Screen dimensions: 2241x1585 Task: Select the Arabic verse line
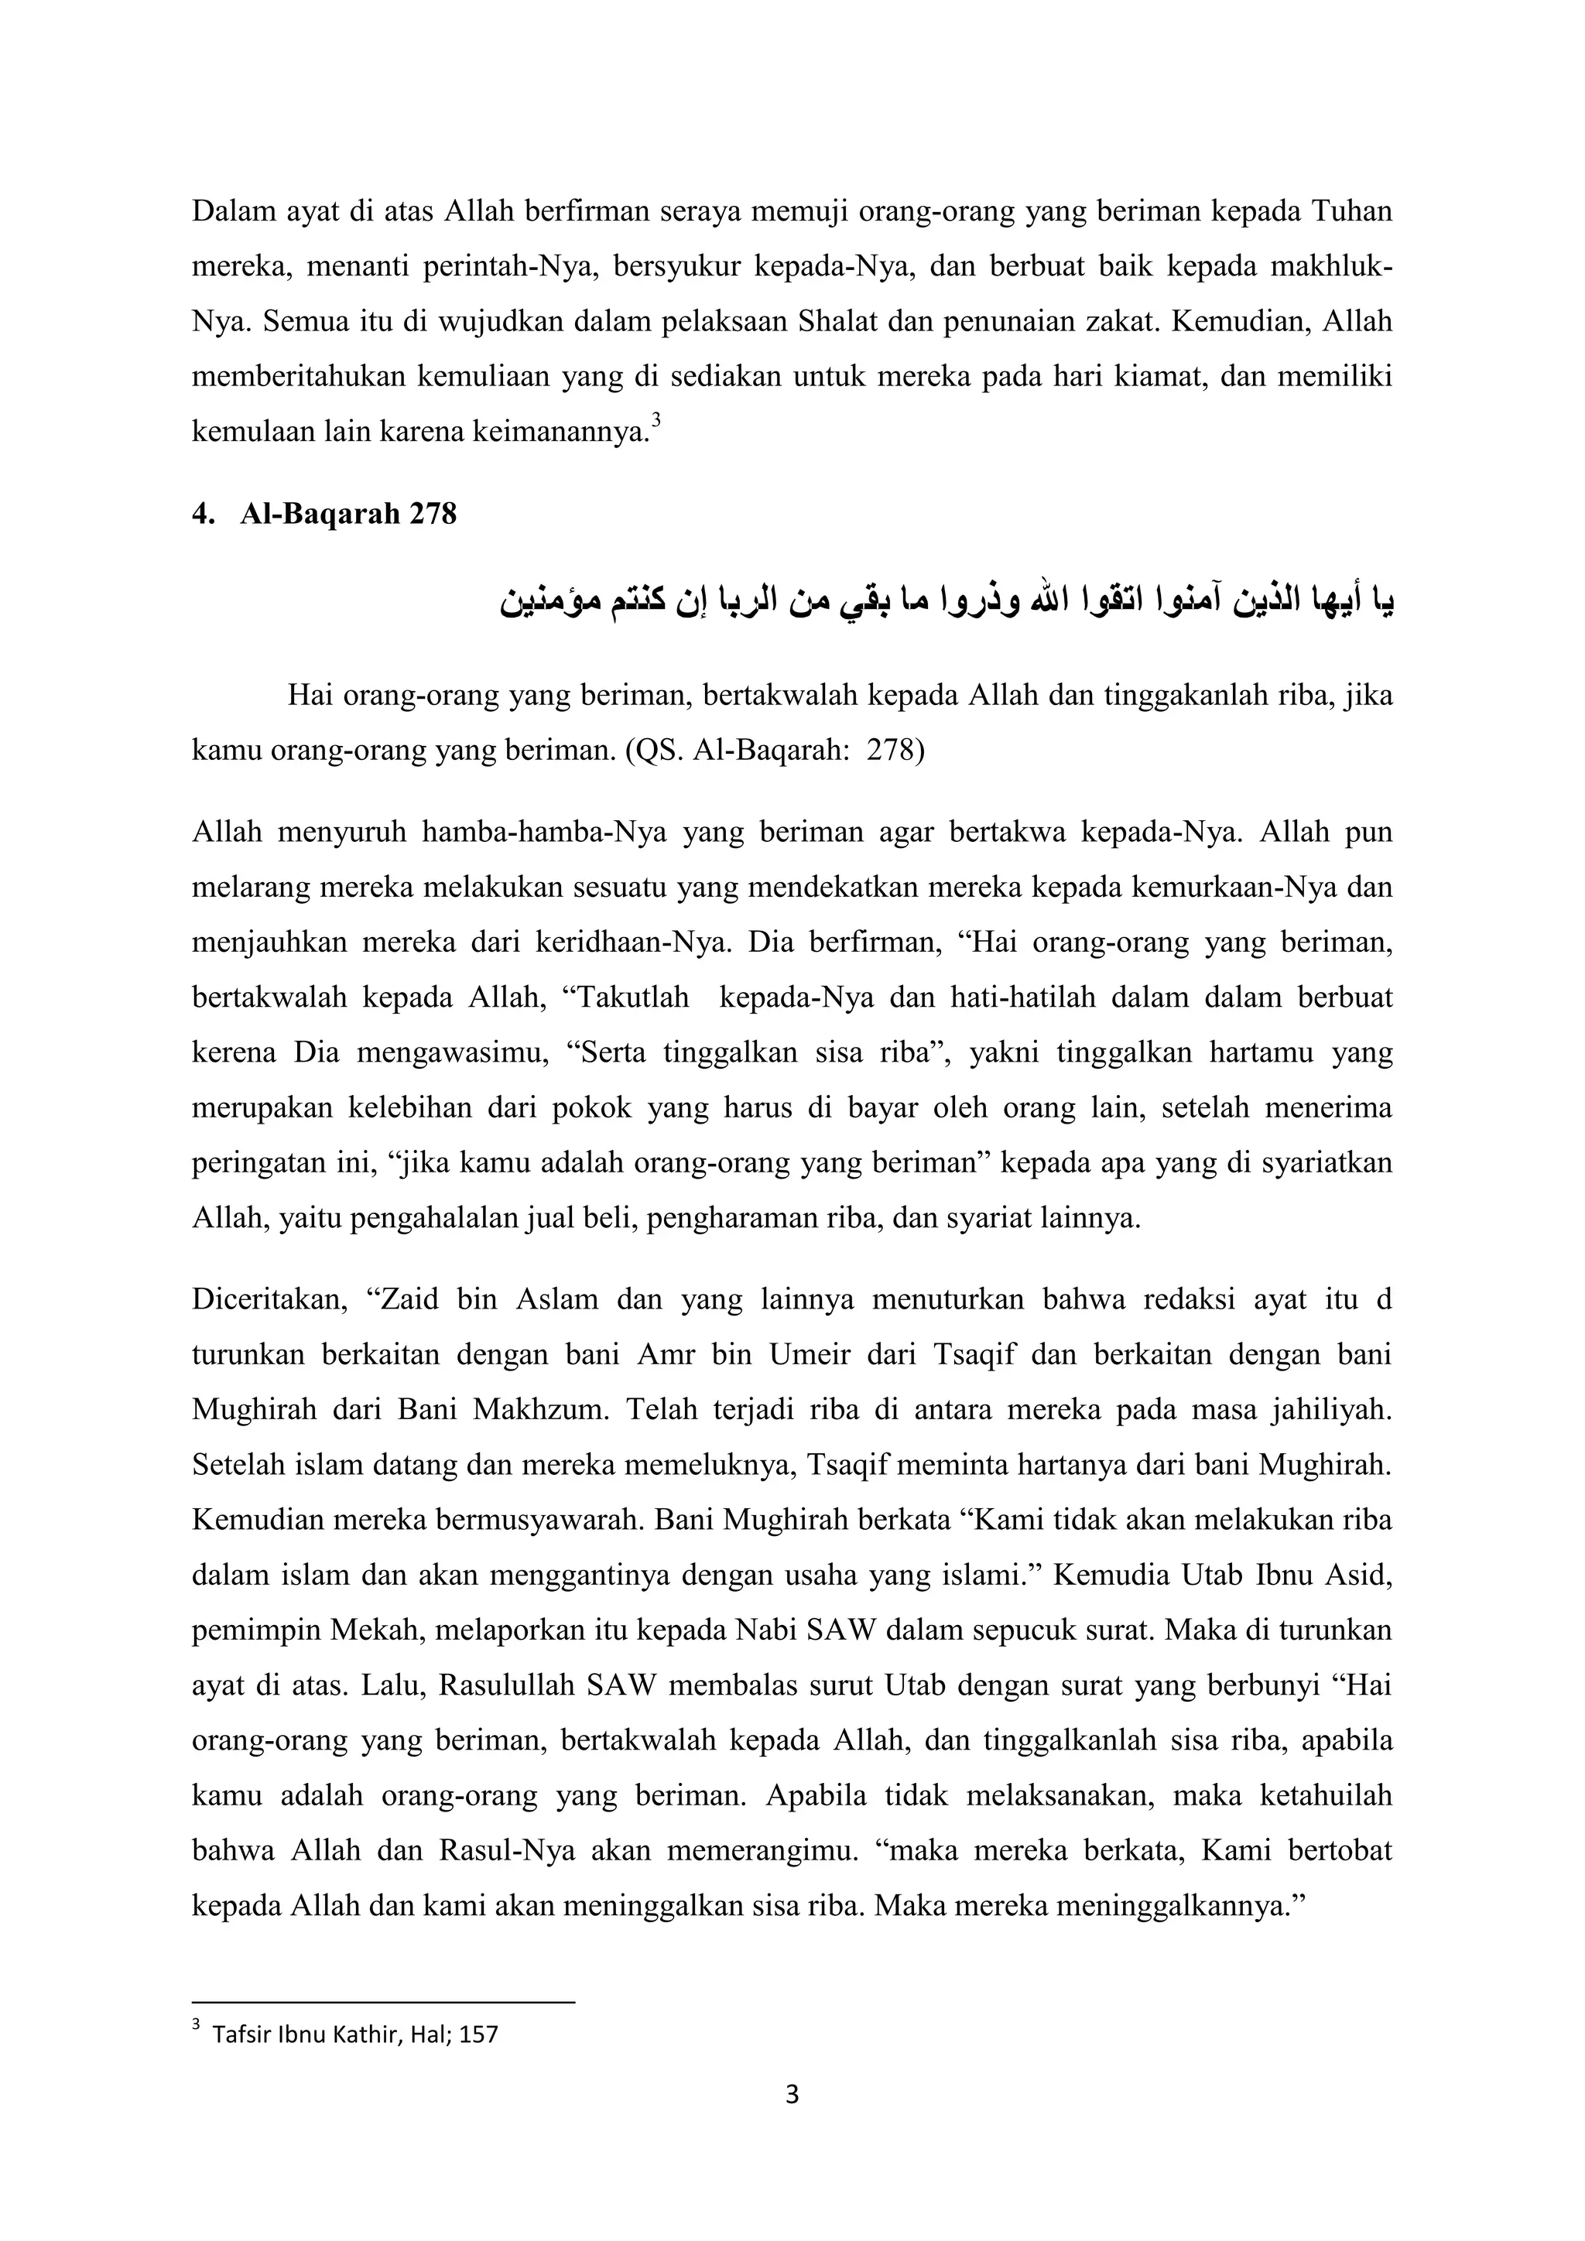click(x=946, y=602)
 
